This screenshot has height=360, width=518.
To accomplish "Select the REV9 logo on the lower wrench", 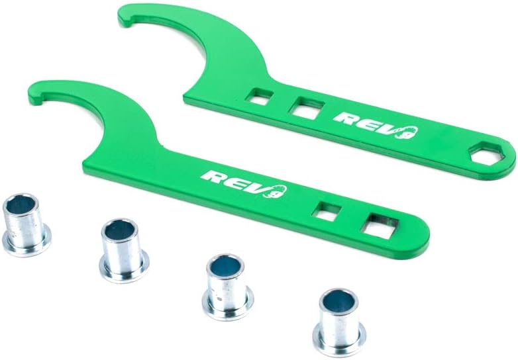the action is pos(244,184).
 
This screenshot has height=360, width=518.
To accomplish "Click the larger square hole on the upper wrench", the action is pos(307,108).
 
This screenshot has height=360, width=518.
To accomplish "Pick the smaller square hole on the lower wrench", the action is pos(327,211).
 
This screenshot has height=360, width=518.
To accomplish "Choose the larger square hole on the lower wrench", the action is pos(380,226).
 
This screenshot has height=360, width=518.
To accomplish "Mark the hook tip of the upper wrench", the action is pos(123,20).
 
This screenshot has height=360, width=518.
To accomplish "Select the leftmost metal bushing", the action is pos(26,225).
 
